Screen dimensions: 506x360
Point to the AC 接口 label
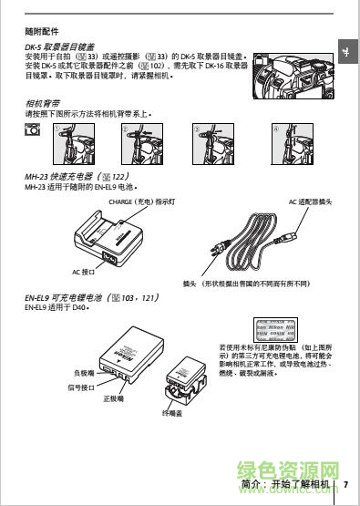tap(84, 272)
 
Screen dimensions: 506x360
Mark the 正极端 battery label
tap(114, 398)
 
